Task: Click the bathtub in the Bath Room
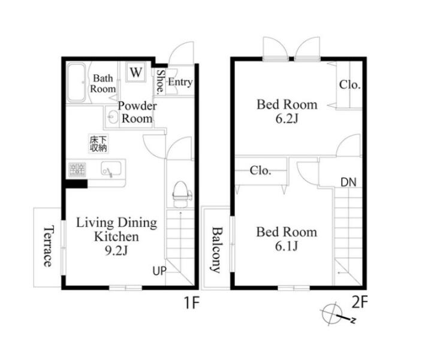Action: click(77, 82)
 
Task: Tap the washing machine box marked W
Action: click(136, 72)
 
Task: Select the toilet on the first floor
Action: click(180, 194)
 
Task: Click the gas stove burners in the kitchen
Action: click(77, 170)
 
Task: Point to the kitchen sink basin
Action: click(111, 169)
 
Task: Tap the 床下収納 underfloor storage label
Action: click(98, 143)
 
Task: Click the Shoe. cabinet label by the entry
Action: click(161, 82)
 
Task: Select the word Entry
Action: click(180, 82)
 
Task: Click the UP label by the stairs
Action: click(159, 271)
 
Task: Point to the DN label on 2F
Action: click(348, 182)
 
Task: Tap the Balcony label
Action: click(217, 250)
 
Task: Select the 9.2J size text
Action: click(116, 251)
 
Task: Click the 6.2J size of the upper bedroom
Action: click(287, 119)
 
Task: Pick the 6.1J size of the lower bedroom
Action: click(287, 246)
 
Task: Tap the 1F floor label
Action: click(191, 302)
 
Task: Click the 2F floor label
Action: click(360, 302)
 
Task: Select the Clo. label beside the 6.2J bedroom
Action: click(349, 85)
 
